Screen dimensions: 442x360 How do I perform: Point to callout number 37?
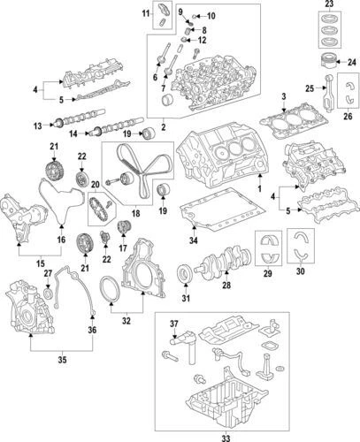click(173, 324)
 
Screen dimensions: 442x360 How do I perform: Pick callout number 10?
click(211, 16)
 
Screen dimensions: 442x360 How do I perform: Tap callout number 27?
click(48, 275)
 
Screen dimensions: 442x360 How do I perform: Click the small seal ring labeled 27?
click(47, 292)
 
